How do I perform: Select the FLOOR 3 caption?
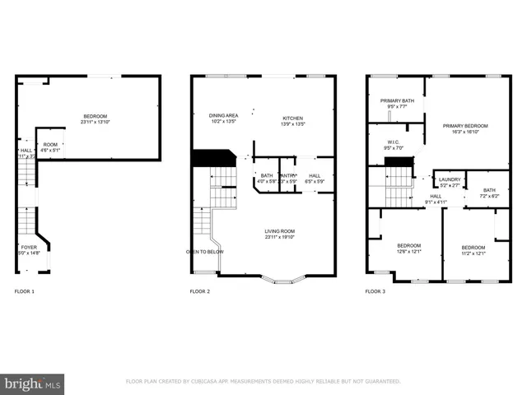coord(375,291)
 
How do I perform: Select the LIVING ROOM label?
coord(280,234)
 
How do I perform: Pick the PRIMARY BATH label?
coord(397,103)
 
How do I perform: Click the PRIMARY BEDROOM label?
coord(464,128)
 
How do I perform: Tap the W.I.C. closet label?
coord(394,145)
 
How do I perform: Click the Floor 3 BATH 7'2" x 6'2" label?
coord(490,193)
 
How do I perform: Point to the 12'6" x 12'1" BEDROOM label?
coord(409,249)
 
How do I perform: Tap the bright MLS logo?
coord(32,384)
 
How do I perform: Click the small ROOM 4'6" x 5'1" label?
coord(50,147)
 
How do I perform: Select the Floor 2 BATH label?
coord(267,177)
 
